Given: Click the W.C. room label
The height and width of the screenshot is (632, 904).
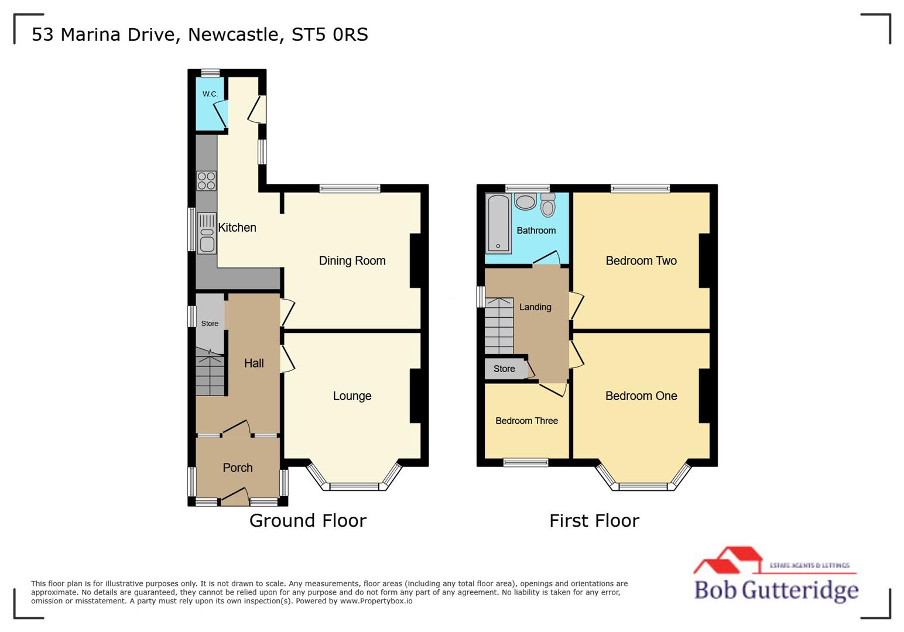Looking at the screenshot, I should click(210, 94).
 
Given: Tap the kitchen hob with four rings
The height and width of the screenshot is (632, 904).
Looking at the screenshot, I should click(206, 181).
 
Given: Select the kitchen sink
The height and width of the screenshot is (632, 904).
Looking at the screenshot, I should click(207, 233).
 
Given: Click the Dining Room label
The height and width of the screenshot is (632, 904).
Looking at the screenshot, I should click(352, 261).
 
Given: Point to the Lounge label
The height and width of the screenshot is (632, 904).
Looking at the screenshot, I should click(352, 396).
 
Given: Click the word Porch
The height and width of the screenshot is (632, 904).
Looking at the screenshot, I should click(237, 468).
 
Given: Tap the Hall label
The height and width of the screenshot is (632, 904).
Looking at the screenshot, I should click(254, 363).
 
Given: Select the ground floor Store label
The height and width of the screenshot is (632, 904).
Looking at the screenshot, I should click(210, 324).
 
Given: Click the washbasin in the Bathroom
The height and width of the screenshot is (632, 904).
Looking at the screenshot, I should click(525, 202).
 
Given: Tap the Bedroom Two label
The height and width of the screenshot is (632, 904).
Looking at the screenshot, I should click(641, 261).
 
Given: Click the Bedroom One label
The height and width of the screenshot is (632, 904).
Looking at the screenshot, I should click(641, 396).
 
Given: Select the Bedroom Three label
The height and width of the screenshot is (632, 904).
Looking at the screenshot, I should click(526, 421).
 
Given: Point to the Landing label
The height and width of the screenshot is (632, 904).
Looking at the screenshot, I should click(535, 307).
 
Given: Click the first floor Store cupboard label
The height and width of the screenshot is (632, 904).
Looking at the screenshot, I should click(504, 369).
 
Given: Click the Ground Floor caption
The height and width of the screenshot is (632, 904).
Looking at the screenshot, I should click(307, 521).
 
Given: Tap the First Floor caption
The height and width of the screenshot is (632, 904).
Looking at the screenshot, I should click(594, 521).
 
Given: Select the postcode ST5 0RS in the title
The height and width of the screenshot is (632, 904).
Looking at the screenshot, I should click(330, 35).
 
